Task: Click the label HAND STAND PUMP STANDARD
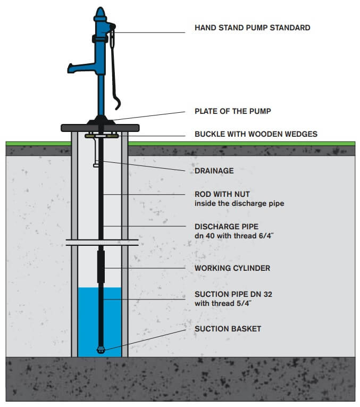click(x=253, y=28)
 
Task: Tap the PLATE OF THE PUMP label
click(x=233, y=111)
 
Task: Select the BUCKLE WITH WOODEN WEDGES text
click(x=256, y=134)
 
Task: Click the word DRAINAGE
click(x=214, y=171)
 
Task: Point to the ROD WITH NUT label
click(x=222, y=194)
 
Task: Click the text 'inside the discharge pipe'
click(x=239, y=203)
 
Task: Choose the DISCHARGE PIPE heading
click(x=227, y=227)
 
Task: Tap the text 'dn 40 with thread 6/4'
click(x=234, y=236)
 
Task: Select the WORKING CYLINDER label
click(x=232, y=268)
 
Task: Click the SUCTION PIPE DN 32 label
click(x=233, y=294)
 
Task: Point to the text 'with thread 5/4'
click(x=223, y=303)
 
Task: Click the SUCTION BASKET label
click(x=228, y=329)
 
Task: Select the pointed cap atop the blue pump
click(x=100, y=13)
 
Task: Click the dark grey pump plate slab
click(x=100, y=128)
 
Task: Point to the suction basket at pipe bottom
click(x=101, y=350)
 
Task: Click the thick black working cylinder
click(x=101, y=267)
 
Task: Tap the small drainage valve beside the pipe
click(x=96, y=164)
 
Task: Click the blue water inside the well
click(x=88, y=322)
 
